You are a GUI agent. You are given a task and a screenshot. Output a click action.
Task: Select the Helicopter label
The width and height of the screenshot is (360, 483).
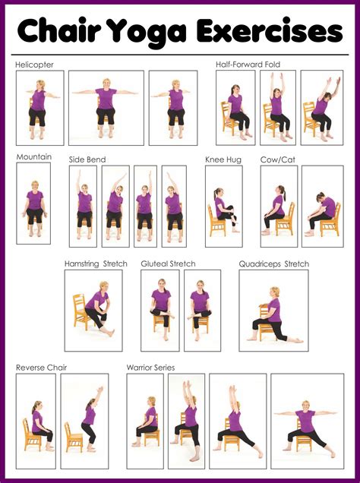coord(34,65)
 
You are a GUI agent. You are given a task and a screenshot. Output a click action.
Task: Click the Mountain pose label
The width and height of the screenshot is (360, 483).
coord(34,157)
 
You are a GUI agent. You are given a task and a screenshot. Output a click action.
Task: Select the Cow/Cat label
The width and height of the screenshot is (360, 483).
coord(277,159)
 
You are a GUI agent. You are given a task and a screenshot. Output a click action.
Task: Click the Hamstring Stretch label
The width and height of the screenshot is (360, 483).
coord(96,264)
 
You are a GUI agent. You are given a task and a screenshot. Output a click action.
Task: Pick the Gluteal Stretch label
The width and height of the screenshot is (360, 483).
coord(168,264)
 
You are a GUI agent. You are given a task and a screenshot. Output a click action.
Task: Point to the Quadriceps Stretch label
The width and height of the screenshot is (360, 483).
coord(273,264)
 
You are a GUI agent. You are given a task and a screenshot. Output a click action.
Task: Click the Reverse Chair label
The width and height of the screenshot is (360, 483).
coord(42,368)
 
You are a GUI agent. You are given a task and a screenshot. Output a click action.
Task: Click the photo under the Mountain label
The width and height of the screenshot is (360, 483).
coord(33,204)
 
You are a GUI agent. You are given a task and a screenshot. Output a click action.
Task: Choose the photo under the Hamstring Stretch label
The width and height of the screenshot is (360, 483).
coord(93,310)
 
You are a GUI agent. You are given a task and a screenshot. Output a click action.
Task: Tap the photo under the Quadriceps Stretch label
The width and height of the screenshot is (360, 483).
coord(273,310)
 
